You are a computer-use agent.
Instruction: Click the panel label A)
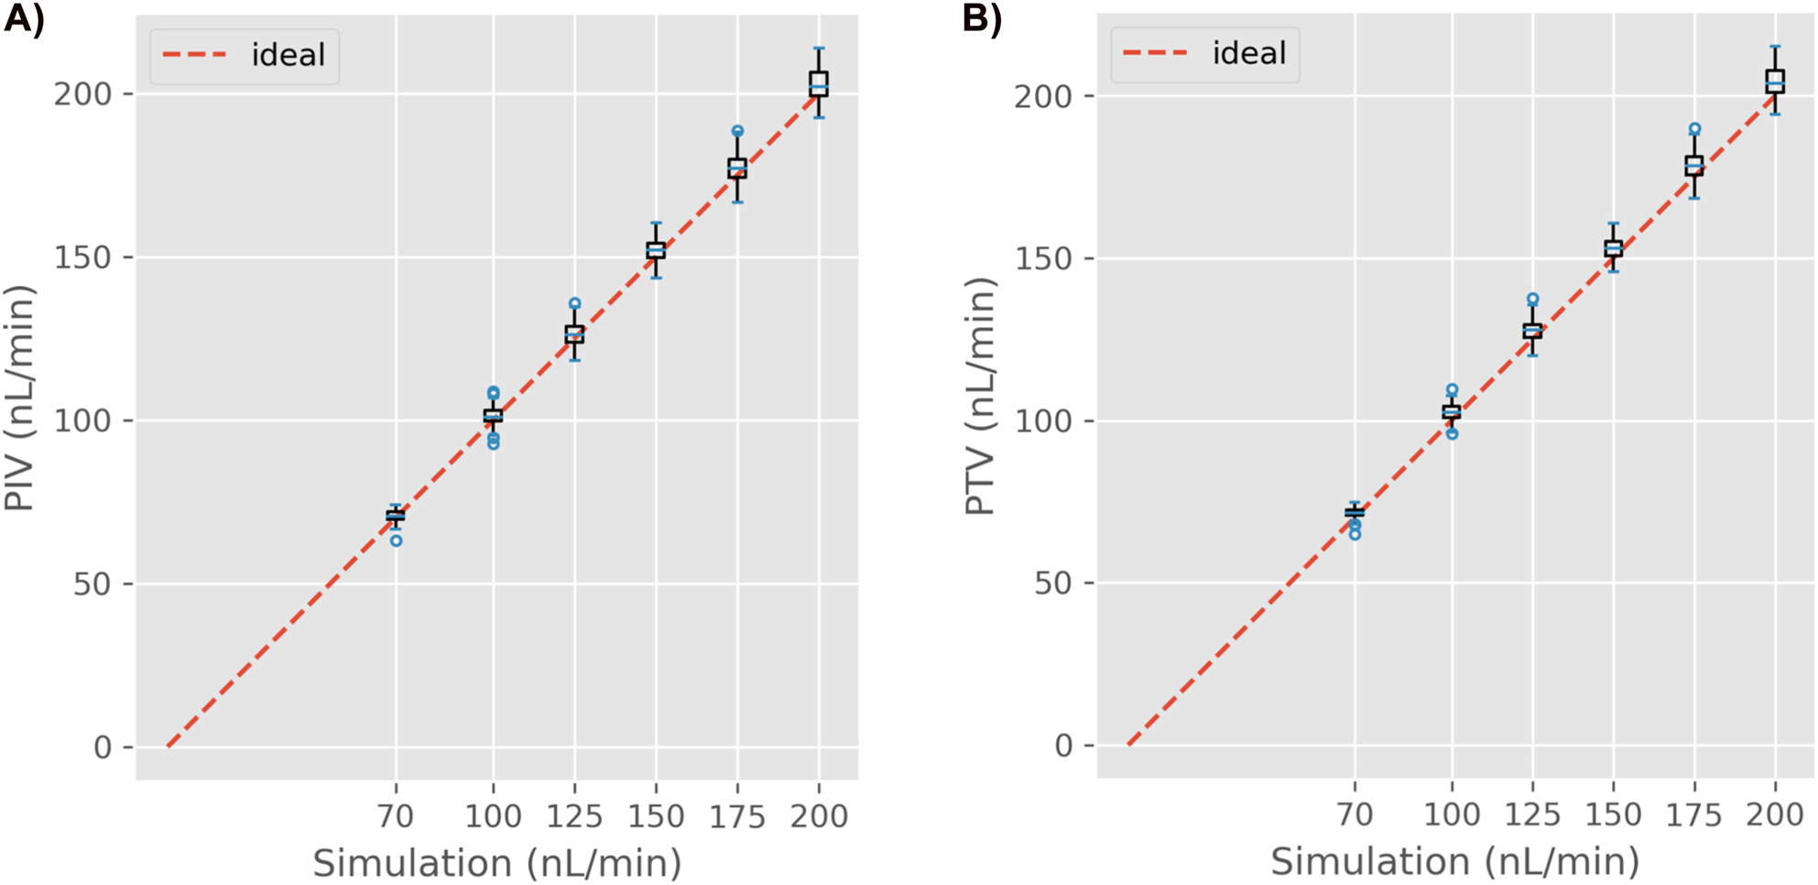[x=24, y=19]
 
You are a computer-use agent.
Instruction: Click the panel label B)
[x=982, y=19]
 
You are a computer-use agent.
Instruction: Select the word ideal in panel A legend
[x=288, y=55]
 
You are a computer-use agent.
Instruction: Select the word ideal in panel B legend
[x=1248, y=53]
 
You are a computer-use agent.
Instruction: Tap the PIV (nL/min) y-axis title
[x=20, y=399]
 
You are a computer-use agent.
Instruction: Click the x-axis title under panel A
[x=497, y=863]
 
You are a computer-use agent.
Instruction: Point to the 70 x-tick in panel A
[x=396, y=814]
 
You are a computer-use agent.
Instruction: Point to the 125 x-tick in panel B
[x=1532, y=814]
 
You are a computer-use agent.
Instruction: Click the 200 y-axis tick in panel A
[x=82, y=94]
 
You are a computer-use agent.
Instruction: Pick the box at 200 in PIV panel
[x=819, y=84]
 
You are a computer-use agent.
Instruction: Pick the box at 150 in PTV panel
[x=1613, y=248]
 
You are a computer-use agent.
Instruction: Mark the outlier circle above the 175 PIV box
[x=737, y=131]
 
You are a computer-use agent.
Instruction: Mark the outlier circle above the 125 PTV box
[x=1532, y=299]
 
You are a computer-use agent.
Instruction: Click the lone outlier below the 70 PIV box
[x=396, y=541]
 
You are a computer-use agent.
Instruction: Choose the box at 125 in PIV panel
[x=574, y=334]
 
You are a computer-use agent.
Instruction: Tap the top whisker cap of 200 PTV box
[x=1775, y=46]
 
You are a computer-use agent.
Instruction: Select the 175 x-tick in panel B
[x=1694, y=814]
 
